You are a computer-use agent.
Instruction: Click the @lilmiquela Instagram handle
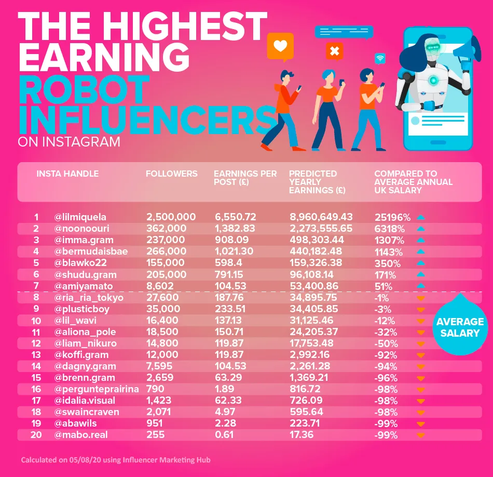[80, 217]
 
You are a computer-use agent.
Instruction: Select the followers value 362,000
[166, 229]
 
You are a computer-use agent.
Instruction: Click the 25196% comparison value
[392, 217]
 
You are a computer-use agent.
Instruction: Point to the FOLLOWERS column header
[171, 174]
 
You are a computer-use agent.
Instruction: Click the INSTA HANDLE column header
[67, 174]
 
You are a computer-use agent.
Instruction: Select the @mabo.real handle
[81, 434]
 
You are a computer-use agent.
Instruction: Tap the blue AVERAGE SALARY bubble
[460, 327]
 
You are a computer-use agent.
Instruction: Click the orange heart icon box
[280, 46]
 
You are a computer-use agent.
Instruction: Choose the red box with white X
[334, 51]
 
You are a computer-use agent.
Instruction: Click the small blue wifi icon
[380, 58]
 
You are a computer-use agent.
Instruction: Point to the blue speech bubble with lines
[344, 31]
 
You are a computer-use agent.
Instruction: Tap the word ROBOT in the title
[84, 89]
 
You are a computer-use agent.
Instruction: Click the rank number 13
[36, 354]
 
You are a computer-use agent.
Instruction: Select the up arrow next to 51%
[421, 285]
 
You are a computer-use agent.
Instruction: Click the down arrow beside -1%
[421, 298]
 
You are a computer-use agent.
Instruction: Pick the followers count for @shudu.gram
[165, 274]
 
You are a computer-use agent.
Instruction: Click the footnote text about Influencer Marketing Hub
[116, 460]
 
